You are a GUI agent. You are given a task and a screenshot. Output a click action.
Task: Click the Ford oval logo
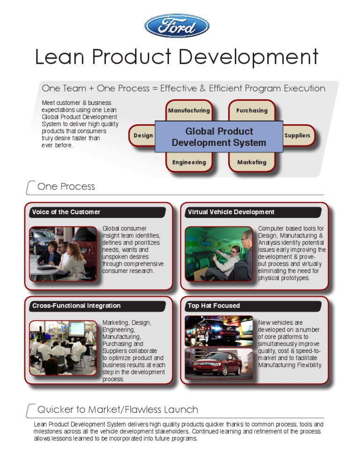177,26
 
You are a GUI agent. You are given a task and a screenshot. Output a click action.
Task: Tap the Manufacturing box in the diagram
188,111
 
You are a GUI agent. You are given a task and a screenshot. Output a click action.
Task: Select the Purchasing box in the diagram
252,111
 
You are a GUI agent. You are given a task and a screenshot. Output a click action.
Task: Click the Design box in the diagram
143,135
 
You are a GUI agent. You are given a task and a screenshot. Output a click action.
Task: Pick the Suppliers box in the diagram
297,135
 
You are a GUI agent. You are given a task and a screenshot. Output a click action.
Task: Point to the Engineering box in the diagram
188,162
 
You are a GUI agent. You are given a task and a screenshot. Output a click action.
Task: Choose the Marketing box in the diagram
252,162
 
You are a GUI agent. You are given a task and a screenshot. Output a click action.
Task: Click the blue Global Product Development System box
219,137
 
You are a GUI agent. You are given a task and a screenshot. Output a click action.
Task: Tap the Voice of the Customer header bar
97,212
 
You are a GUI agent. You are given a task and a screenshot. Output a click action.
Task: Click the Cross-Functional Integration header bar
97,306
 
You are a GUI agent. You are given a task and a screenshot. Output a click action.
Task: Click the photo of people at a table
63,254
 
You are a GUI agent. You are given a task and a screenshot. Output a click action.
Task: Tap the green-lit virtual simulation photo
219,254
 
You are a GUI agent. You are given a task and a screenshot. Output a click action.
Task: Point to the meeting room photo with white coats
63,347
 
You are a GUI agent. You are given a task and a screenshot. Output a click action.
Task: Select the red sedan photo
219,363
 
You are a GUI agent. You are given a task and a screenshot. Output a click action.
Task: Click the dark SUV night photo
219,331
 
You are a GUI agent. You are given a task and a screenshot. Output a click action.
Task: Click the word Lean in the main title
60,57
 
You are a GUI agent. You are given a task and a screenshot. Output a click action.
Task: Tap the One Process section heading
66,187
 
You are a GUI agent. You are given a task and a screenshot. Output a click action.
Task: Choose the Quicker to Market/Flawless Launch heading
117,410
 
